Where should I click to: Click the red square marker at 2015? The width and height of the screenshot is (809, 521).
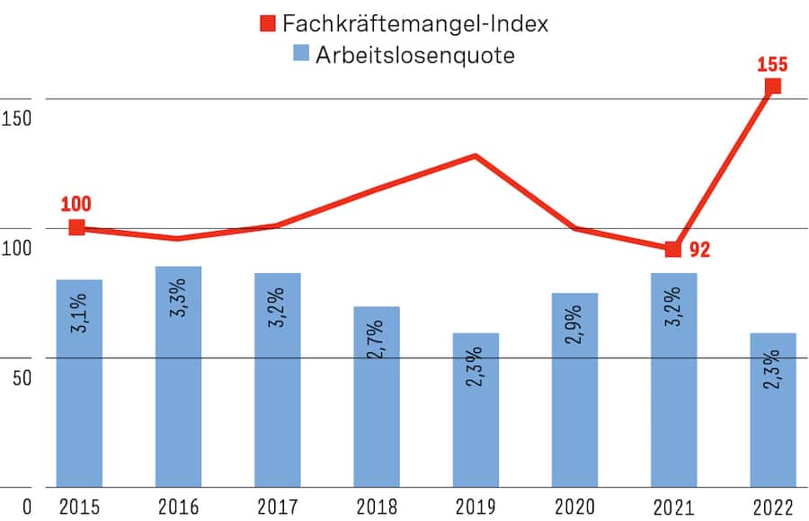pos(77,227)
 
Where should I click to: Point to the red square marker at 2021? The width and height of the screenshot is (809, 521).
pos(672,249)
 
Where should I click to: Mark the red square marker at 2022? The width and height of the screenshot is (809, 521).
pos(772,86)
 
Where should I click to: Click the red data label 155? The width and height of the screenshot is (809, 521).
pos(772,64)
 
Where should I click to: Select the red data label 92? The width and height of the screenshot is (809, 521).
pos(700,250)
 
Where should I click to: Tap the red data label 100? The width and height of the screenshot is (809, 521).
pos(76,204)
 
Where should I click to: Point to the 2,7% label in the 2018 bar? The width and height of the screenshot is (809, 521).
pos(376,339)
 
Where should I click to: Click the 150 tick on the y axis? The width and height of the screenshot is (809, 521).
pos(17,118)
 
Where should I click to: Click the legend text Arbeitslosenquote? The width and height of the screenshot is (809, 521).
pos(414,55)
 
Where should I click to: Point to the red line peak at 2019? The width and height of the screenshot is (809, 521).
pos(476,156)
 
